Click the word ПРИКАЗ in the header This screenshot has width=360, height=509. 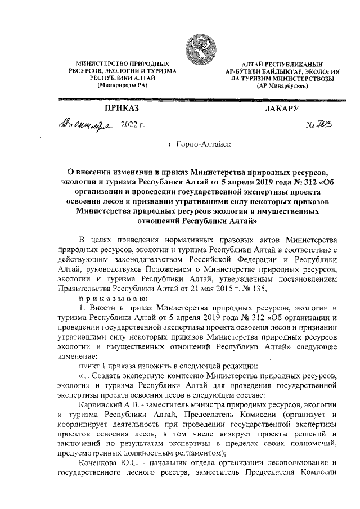pos(121,107)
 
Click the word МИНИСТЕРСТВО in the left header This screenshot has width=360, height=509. pos(99,66)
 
